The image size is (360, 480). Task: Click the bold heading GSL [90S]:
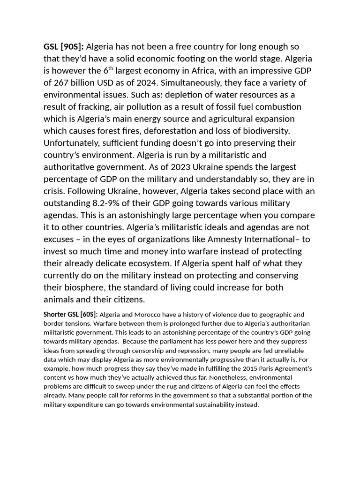tap(64, 47)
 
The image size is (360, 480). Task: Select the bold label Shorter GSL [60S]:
tap(71, 315)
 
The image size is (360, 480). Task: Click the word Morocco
tap(142, 315)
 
